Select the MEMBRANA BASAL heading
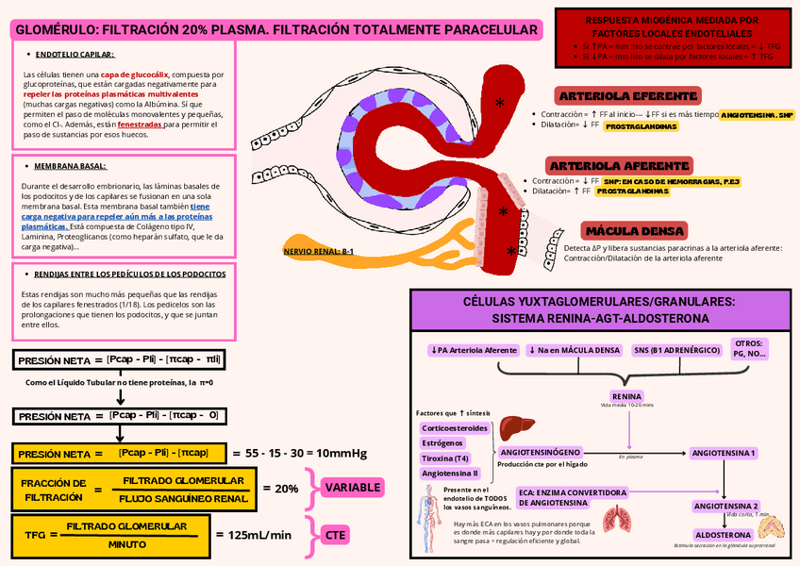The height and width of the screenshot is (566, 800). point(70,166)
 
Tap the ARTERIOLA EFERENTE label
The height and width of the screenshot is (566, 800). point(628,96)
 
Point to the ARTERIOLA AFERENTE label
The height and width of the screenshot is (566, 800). point(619,166)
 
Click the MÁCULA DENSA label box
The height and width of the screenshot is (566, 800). point(622,231)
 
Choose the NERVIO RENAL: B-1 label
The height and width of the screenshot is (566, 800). point(318,252)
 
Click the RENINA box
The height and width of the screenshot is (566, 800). point(627,395)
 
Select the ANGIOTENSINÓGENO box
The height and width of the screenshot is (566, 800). point(546,452)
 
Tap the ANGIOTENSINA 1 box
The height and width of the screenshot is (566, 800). point(725,453)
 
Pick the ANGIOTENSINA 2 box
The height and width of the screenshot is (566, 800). point(726,506)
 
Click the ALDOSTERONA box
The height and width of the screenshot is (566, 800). point(723,534)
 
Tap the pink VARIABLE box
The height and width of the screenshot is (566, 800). point(354,488)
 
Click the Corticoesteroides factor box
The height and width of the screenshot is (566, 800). point(455,427)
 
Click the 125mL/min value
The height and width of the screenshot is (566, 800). point(260,535)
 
